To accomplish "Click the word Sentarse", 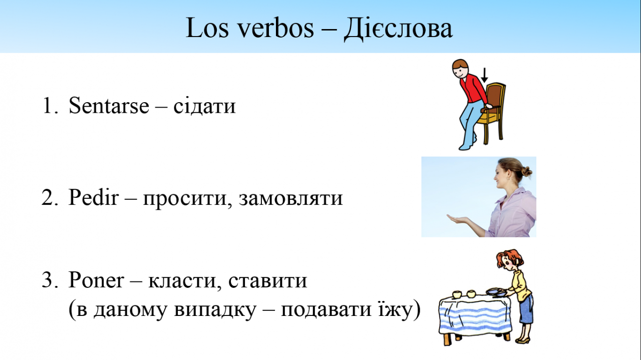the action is pos(109,105).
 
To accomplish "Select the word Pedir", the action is pos(94,197).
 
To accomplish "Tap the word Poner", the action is pos(96,279).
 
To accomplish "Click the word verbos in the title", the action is pos(276,28).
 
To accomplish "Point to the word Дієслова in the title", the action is pos(398,29).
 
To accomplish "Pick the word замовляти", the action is pos(291,198).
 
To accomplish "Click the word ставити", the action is pos(267,280).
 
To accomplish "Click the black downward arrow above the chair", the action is pos(484,75).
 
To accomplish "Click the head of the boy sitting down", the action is pos(460,69).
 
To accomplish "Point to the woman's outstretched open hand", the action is pos(458,219).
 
